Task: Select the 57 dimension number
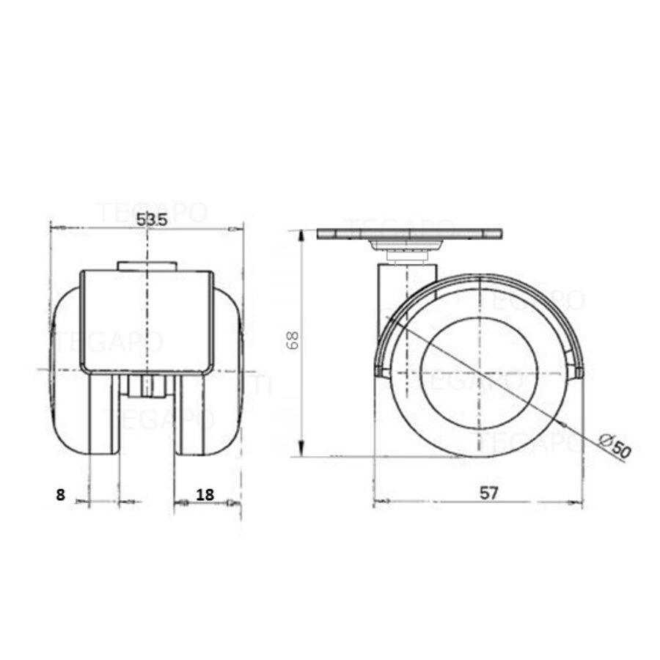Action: click(x=489, y=493)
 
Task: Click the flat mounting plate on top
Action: click(x=410, y=235)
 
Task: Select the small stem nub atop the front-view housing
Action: click(x=147, y=265)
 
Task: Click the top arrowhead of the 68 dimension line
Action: click(x=301, y=233)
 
